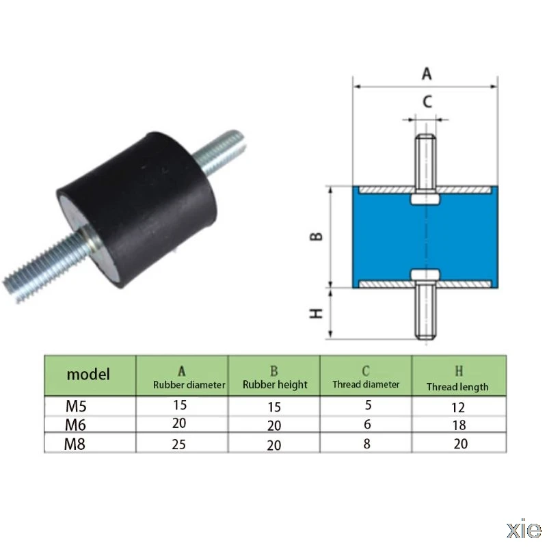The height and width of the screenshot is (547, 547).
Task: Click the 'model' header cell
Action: [88, 374]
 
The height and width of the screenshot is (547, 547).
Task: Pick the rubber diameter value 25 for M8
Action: [179, 443]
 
